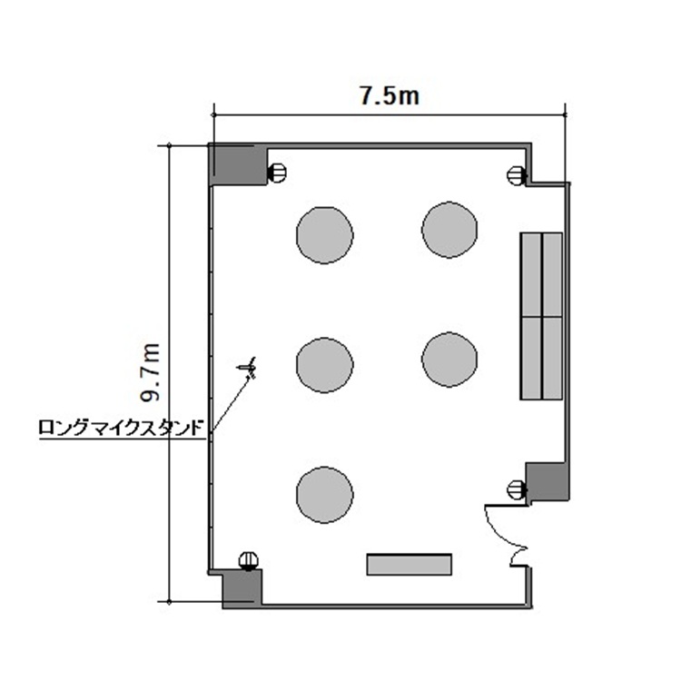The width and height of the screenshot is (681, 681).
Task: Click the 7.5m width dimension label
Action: coord(390,96)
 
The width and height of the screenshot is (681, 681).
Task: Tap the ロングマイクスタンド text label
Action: coord(121,428)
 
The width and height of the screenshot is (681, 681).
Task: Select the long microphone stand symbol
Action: coord(248,368)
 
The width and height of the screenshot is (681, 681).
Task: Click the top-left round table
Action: coord(325,235)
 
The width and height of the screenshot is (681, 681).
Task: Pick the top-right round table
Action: coord(449,230)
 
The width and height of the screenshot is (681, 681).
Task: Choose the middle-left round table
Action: coord(325,365)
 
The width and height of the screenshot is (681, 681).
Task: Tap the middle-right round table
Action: coord(449,360)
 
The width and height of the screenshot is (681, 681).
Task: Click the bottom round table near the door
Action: coord(325,495)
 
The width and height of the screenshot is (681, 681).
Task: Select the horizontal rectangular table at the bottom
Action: coord(410,565)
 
